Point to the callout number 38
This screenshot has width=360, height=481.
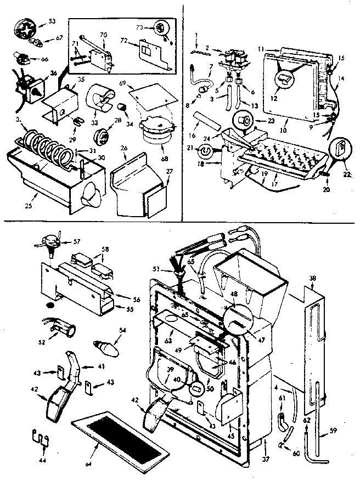click(312, 279)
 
